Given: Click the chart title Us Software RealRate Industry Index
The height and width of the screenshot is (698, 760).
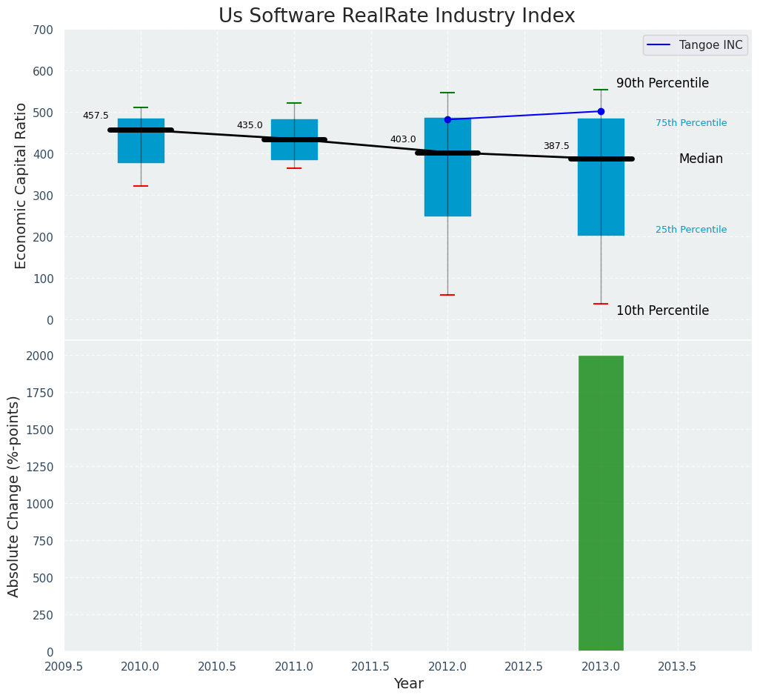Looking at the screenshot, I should coord(396,16).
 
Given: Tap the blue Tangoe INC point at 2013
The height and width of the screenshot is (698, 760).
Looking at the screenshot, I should coord(601,111).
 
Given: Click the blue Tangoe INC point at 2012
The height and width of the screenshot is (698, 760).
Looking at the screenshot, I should coord(447,119).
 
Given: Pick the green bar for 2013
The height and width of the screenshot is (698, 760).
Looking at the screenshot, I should coord(601,504).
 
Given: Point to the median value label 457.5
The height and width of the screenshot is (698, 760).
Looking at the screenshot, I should coord(96,116).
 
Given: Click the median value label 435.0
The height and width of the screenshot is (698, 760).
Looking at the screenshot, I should coord(250,125).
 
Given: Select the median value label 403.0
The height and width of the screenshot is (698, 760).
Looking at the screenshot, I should coord(403,139).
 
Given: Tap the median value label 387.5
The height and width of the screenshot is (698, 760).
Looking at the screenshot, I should coord(556,146).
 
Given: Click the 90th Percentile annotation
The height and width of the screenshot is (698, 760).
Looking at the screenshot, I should coord(662,84).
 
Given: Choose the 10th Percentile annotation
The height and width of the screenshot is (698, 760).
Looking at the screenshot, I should coord(662,311).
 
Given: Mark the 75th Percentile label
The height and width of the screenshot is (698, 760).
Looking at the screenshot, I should coord(691,123).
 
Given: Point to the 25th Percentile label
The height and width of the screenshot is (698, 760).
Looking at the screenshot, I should coord(691,230).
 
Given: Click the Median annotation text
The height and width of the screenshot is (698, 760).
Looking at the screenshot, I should coord(701,159).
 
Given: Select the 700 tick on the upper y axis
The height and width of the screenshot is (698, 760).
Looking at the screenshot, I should coord(44,30).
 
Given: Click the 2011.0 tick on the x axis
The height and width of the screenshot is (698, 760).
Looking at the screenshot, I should coord(294,665).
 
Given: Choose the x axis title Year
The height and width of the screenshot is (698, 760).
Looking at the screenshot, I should coord(408,684).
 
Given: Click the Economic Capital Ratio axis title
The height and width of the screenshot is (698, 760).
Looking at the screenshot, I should coord(21,185).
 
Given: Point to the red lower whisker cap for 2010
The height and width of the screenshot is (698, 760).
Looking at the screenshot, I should coord(141,186).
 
